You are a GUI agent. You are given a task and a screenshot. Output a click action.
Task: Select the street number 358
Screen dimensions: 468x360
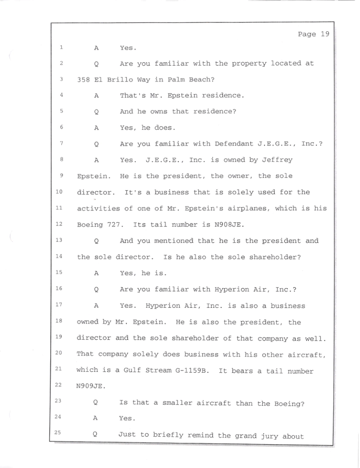pyautogui.click(x=83, y=80)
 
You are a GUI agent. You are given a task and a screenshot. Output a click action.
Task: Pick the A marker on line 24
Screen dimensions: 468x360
pyautogui.click(x=96, y=419)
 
